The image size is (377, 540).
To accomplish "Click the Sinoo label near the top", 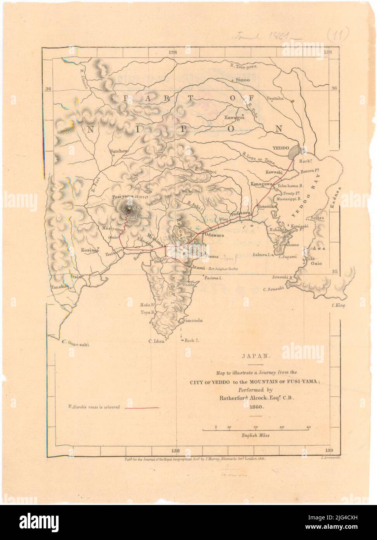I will (x=242, y=80).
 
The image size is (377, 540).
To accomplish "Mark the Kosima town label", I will (x=90, y=250).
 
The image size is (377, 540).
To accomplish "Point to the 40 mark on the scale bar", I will (x=308, y=427).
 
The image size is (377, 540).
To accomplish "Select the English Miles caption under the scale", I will (x=256, y=435).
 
